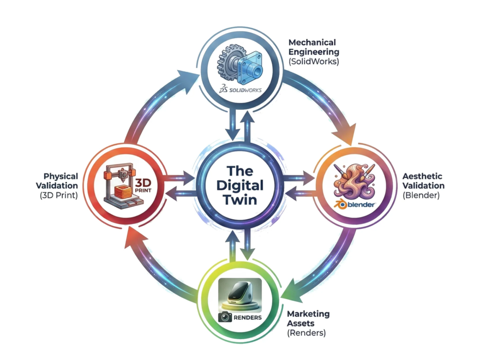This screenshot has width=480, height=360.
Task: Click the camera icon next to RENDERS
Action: click(225, 317)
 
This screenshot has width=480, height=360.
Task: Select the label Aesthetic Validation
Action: click(423, 181)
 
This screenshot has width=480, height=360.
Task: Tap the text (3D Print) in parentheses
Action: click(59, 195)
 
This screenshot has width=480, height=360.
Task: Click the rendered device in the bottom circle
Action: click(239, 294)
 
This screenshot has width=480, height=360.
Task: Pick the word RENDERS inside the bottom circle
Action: click(248, 317)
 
